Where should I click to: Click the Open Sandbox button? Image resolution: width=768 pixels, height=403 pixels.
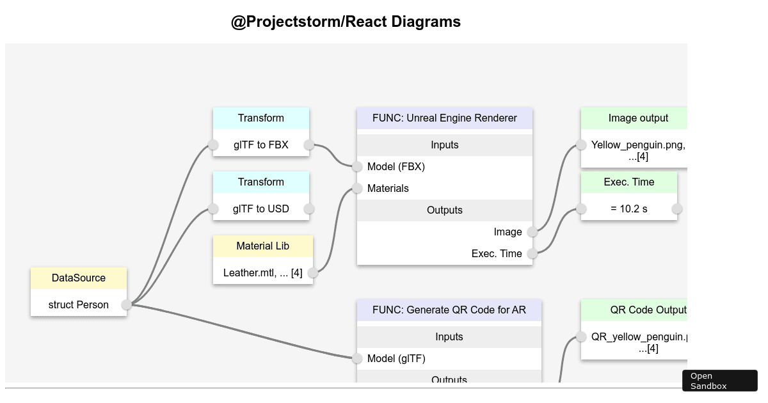tap(719, 381)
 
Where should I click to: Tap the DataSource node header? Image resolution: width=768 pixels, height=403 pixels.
tap(79, 278)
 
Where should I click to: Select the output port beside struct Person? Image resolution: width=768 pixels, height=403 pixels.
tap(127, 304)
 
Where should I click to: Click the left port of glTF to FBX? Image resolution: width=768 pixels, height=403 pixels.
tap(213, 145)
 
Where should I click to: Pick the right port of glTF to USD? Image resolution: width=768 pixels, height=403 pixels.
tap(309, 209)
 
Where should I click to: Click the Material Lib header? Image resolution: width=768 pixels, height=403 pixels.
tap(263, 246)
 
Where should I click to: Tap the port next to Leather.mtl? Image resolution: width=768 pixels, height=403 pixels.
tap(313, 273)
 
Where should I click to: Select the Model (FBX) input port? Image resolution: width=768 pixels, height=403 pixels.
tap(357, 166)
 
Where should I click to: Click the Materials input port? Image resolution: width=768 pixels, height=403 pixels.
tap(357, 188)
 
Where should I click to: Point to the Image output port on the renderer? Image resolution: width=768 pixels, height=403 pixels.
tap(532, 232)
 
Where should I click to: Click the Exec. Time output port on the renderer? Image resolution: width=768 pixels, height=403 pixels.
tap(532, 253)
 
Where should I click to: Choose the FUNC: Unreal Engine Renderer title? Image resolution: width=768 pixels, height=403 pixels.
tap(445, 118)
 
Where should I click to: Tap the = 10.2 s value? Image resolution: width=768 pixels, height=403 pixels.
tap(628, 209)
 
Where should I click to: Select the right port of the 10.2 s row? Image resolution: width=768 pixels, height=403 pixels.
tap(677, 209)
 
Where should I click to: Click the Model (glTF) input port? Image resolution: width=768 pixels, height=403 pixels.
tap(357, 358)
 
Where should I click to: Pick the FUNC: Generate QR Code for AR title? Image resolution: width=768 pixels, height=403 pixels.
tap(449, 310)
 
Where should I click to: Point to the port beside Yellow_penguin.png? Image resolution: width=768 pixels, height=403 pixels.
tap(581, 145)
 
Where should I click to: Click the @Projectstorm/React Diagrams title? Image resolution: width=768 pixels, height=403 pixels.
tap(346, 22)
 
